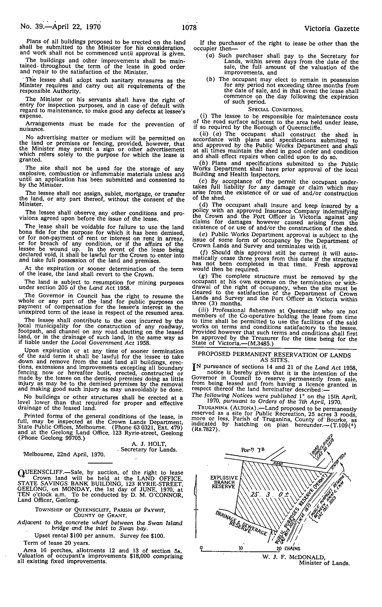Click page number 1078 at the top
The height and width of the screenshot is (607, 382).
(x=189, y=27)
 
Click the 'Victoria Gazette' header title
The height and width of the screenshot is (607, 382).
(x=332, y=29)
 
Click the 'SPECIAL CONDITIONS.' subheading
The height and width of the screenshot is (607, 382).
(x=276, y=109)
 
